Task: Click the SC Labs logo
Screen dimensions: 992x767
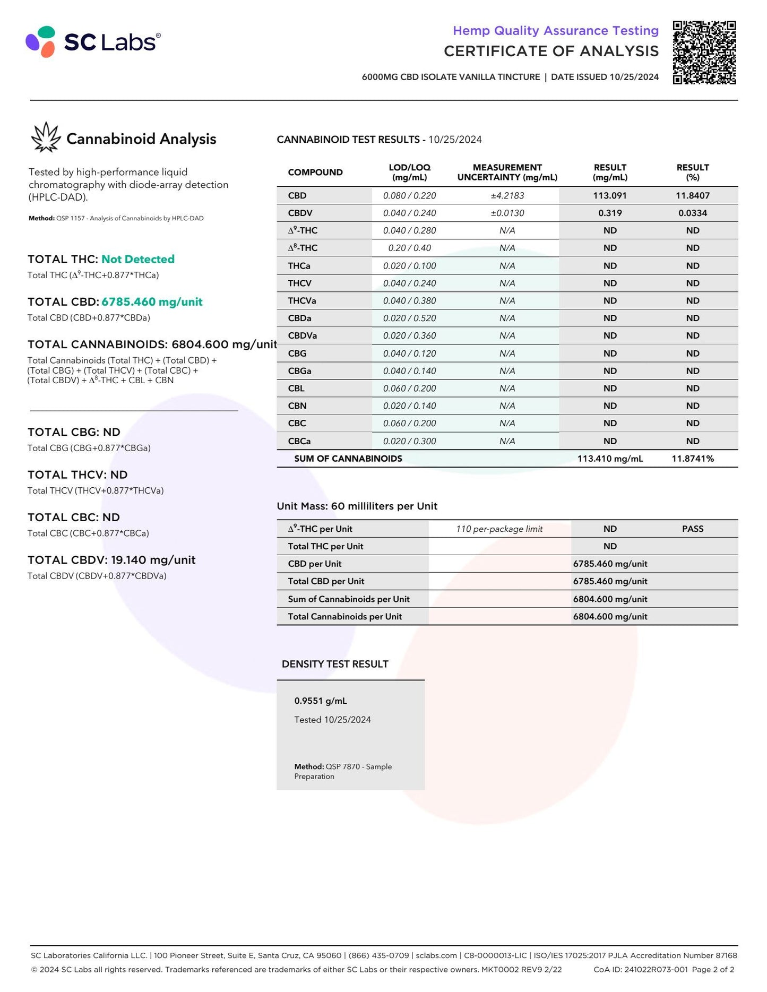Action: tap(93, 41)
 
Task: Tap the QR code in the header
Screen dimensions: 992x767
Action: tap(704, 52)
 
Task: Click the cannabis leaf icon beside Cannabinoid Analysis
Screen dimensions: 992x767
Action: tap(46, 137)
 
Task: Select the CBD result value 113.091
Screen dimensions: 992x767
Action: tap(609, 195)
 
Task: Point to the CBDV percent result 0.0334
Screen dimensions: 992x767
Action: tap(692, 213)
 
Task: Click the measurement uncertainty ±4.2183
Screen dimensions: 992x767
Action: tap(507, 195)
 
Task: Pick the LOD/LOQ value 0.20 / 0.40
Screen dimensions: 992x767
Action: tap(409, 248)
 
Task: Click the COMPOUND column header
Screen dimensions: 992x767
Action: tap(315, 172)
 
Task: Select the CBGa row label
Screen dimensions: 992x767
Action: tap(299, 370)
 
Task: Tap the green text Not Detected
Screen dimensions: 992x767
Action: tap(138, 259)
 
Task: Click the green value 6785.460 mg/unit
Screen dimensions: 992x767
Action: tap(152, 301)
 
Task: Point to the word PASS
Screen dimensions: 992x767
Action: tap(692, 529)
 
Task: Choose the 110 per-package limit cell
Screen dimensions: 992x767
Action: tap(499, 529)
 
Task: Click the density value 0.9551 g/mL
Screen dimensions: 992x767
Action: tap(321, 701)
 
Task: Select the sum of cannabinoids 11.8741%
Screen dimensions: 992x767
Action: tap(692, 458)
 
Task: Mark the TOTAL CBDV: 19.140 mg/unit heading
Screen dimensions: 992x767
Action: tap(111, 559)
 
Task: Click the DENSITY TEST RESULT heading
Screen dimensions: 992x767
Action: tap(335, 664)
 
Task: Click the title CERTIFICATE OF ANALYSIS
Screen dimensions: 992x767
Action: tap(551, 51)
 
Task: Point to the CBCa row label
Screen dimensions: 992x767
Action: tap(299, 441)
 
